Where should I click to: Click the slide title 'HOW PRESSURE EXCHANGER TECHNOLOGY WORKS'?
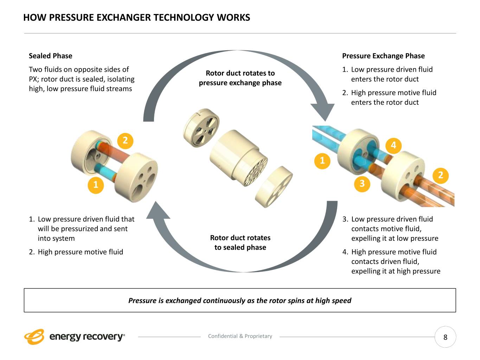[136, 18]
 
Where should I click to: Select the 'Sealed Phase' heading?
[50, 56]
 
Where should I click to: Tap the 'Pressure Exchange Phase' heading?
[383, 56]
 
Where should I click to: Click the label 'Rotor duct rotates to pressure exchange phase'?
[240, 78]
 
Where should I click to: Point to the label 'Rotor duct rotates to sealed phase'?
[240, 243]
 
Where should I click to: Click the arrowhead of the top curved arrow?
[322, 110]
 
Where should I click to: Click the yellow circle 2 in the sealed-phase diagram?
[125, 141]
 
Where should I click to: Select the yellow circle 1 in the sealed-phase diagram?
[96, 184]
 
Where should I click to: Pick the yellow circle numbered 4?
[393, 145]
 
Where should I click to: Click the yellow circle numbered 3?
[362, 183]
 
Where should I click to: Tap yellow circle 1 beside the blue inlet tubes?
[322, 161]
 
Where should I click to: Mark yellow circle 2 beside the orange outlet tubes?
[441, 175]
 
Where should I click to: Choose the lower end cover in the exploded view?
[274, 187]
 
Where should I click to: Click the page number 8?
[445, 337]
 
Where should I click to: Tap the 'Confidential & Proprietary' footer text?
[240, 336]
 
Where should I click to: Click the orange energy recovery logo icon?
[34, 337]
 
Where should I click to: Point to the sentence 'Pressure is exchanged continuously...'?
[240, 301]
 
